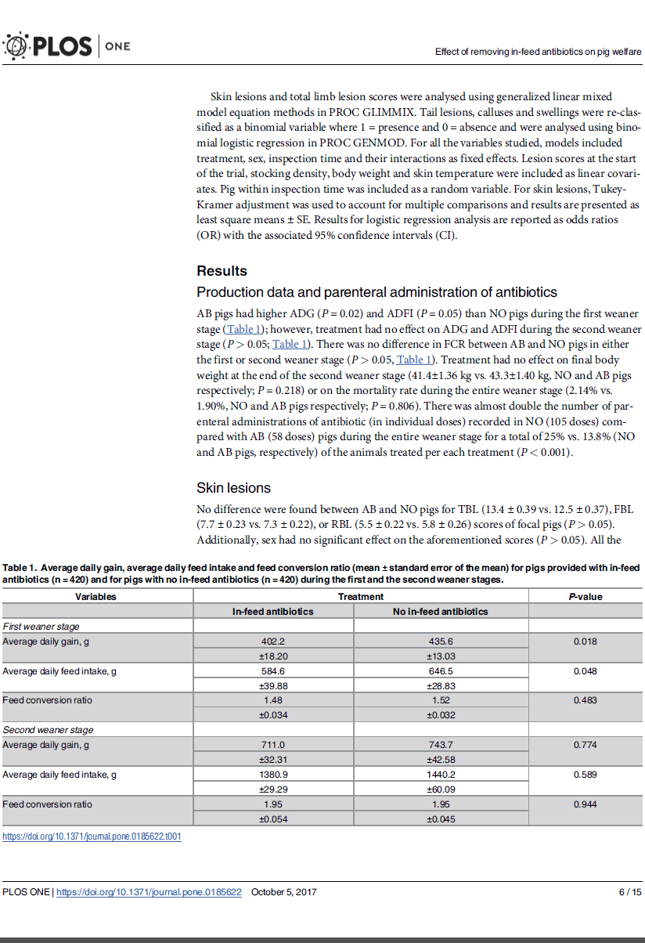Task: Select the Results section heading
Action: (x=222, y=271)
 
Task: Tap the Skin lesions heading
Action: (x=233, y=488)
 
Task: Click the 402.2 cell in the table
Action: (x=272, y=641)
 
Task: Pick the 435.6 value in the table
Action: (x=441, y=641)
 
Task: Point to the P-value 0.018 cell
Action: (x=585, y=641)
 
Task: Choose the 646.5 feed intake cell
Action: (x=441, y=670)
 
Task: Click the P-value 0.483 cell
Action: (x=585, y=700)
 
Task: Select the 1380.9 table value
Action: (x=272, y=775)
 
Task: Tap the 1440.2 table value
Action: (x=441, y=775)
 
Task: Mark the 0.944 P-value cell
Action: (x=585, y=804)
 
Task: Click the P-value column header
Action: (x=585, y=596)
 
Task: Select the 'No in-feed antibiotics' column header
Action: (x=440, y=611)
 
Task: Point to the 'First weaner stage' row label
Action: (x=41, y=626)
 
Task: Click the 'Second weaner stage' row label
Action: (x=48, y=730)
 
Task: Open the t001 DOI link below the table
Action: (x=92, y=836)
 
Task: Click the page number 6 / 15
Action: (x=629, y=892)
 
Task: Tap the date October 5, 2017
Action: (x=284, y=892)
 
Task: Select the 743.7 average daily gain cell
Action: (x=441, y=745)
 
